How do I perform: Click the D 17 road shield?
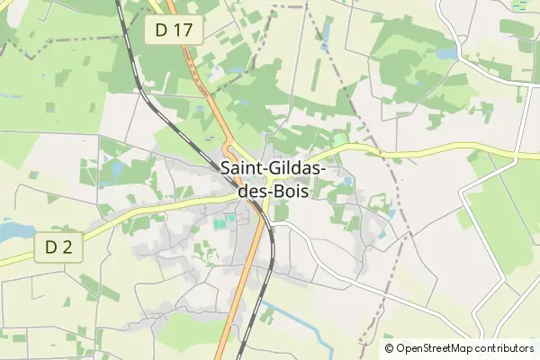point(174,30)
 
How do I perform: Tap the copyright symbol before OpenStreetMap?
point(389,348)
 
